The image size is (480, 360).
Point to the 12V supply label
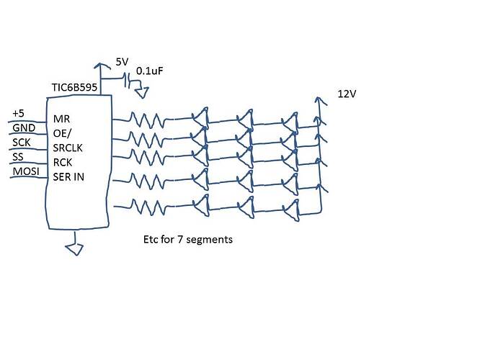(347, 94)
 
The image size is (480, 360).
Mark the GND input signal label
(22, 128)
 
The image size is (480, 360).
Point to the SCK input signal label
(22, 143)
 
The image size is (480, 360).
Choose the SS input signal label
(19, 157)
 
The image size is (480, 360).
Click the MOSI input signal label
(25, 171)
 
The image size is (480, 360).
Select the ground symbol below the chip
(73, 249)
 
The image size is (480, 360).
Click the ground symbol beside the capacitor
(144, 91)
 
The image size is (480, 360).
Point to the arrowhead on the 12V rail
(319, 100)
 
